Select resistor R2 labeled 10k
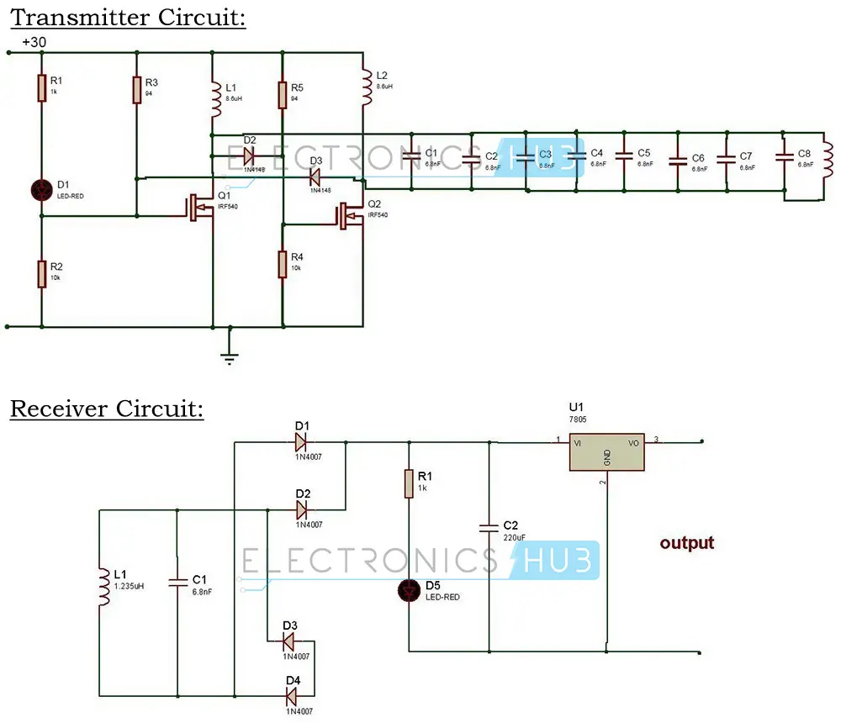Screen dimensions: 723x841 tap(41, 274)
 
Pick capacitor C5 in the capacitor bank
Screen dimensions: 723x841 tap(623, 156)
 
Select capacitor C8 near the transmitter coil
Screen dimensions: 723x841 tap(783, 156)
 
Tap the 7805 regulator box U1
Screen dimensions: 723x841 tap(606, 454)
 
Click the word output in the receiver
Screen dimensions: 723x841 tap(686, 543)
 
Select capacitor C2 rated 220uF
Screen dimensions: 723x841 tap(489, 528)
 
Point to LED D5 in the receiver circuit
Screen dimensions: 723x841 tap(409, 592)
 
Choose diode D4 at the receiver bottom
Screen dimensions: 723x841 tap(292, 696)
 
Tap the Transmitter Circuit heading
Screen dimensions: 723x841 tap(127, 17)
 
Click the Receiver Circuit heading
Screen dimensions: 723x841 tap(106, 409)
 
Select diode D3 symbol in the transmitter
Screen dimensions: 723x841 tap(314, 177)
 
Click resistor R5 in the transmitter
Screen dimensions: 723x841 tap(283, 94)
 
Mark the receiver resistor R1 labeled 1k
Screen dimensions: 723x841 tap(409, 483)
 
